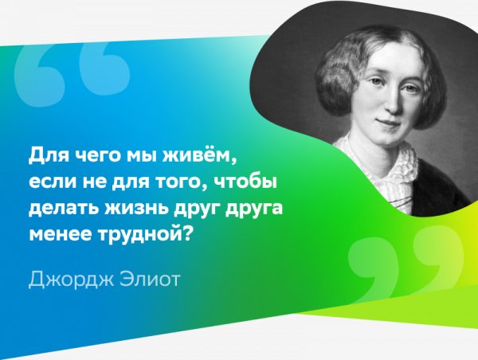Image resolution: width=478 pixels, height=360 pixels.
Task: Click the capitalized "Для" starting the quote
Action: [x=44, y=151]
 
